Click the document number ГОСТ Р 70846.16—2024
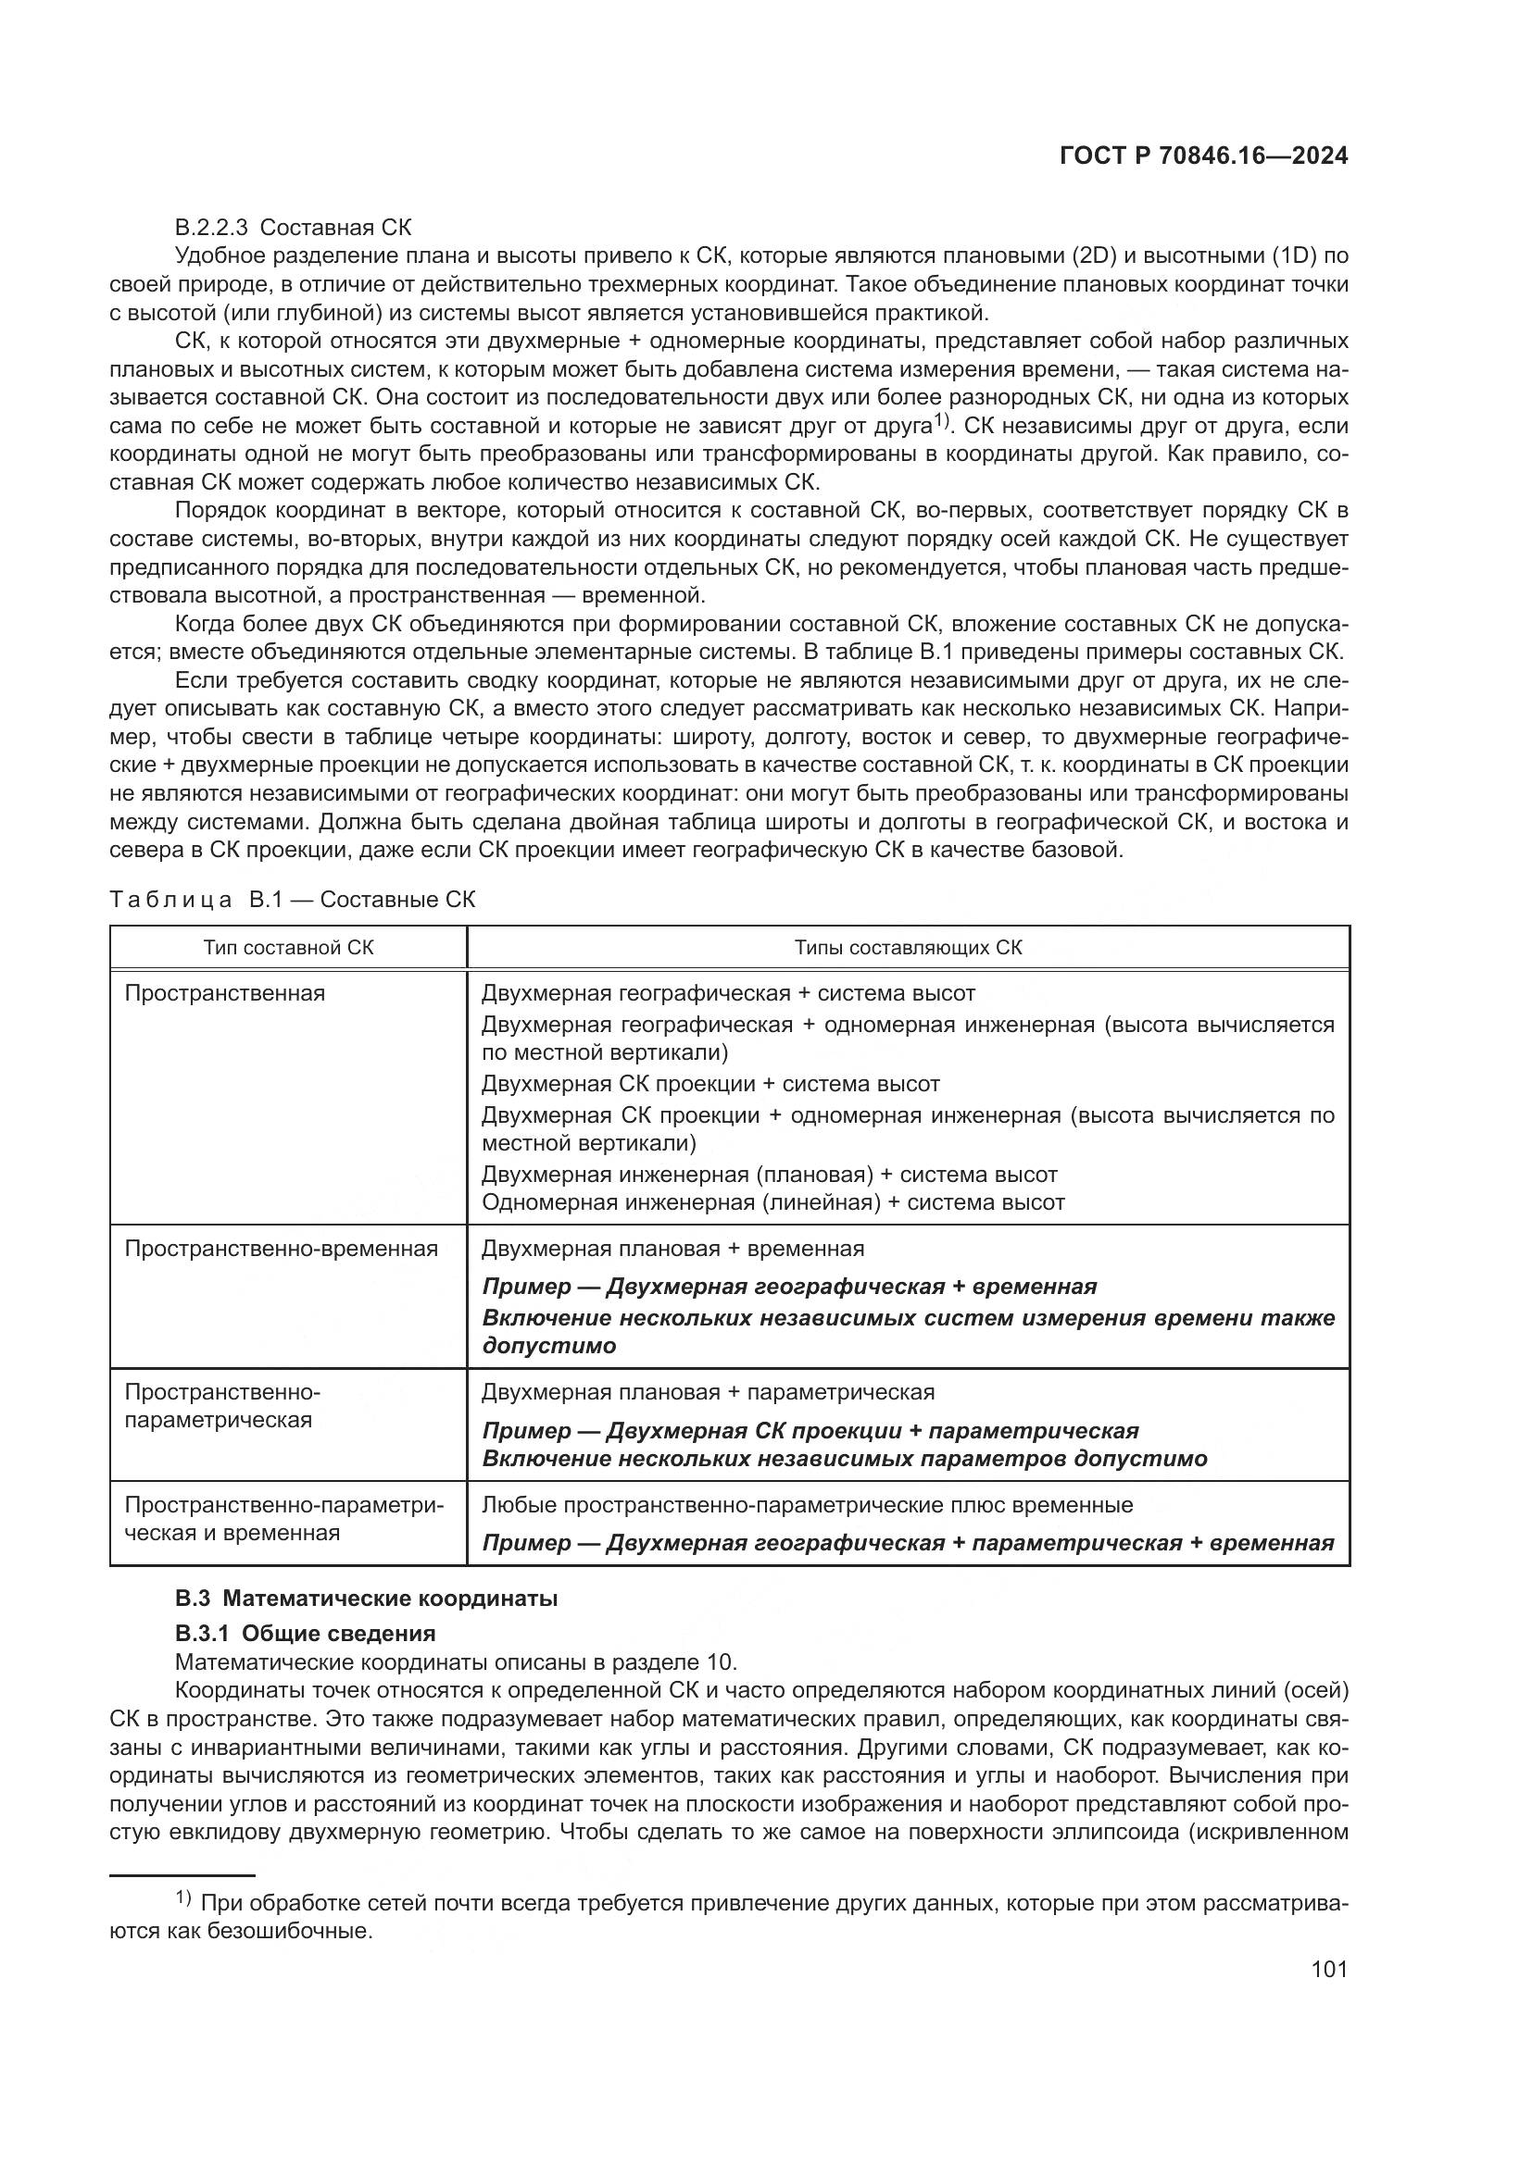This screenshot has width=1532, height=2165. (1203, 156)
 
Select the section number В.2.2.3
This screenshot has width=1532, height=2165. (211, 228)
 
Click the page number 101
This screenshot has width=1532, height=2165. (1328, 1969)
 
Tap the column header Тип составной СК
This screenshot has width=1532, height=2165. (288, 947)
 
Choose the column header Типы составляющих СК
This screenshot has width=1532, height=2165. (908, 947)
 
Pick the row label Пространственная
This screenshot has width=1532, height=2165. (224, 993)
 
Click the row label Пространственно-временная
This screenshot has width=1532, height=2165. (282, 1249)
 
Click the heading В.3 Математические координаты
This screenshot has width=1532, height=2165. (366, 1599)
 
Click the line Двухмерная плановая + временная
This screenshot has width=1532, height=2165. (672, 1249)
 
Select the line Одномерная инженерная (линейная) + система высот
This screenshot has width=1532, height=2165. (772, 1202)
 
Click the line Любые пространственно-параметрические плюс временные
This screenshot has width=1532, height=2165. (808, 1505)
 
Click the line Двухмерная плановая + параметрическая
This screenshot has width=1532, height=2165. (708, 1392)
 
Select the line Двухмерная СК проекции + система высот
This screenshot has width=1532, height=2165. (710, 1084)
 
